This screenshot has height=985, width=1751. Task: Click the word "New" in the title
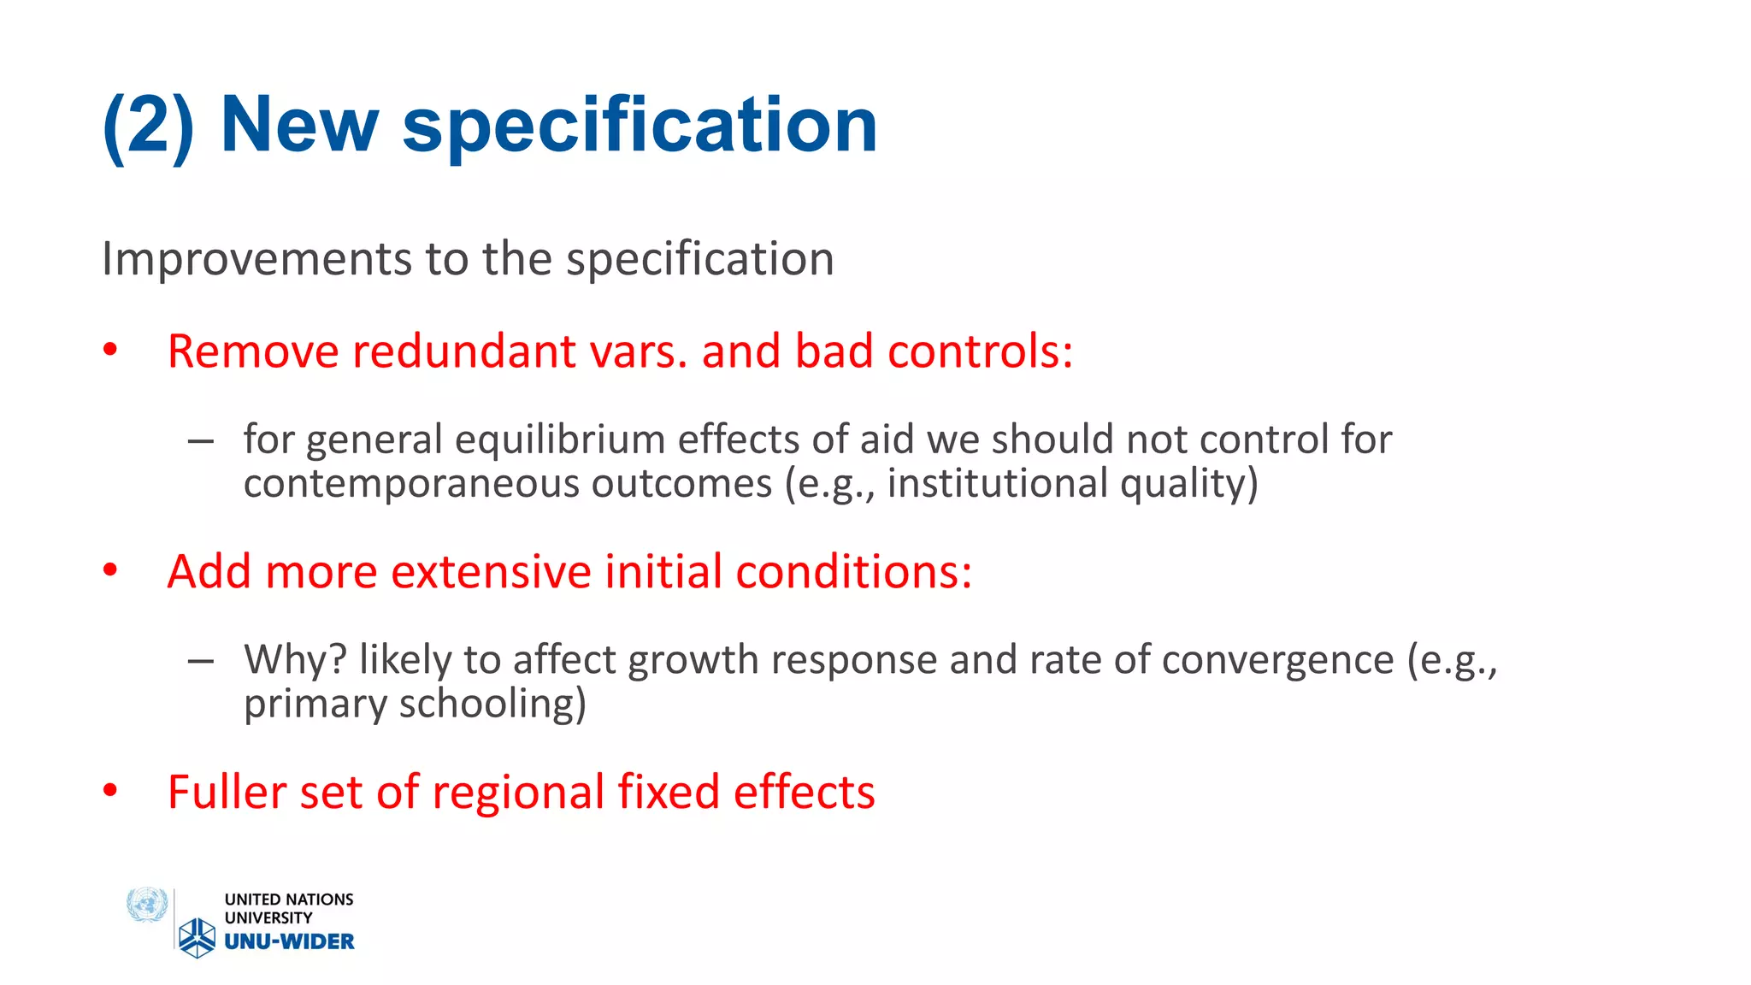298,126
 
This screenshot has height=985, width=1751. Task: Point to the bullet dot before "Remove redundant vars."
110,350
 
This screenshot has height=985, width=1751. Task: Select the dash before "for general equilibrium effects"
201,441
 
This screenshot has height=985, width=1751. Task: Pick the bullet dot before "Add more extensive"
110,570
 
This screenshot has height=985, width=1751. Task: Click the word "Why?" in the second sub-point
295,660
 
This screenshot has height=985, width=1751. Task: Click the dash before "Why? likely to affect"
201,661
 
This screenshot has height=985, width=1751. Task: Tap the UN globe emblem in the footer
147,905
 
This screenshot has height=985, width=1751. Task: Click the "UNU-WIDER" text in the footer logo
289,941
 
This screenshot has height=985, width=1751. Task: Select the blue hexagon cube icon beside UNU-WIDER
198,937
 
